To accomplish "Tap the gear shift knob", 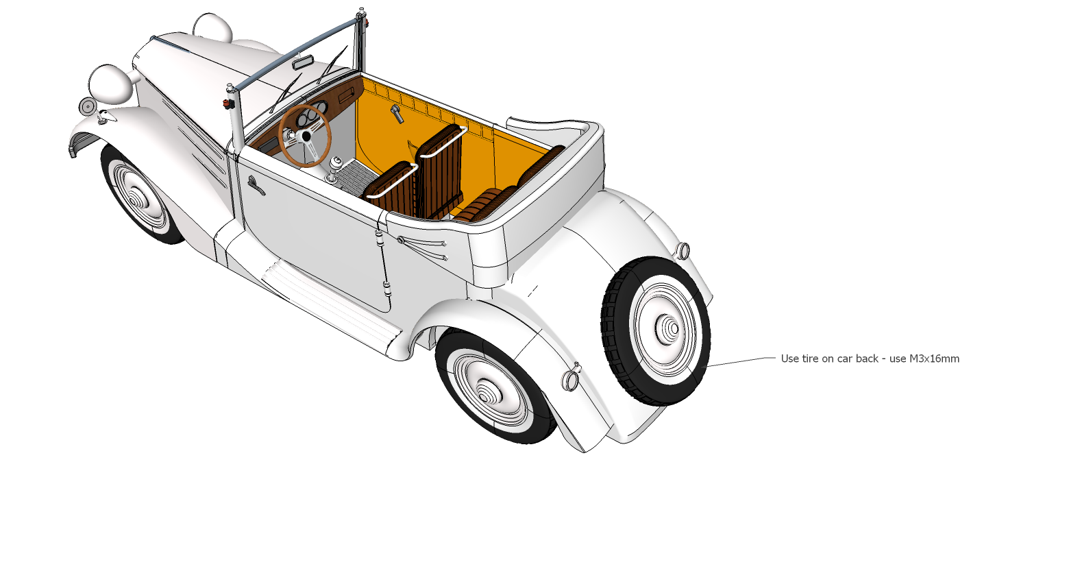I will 336,162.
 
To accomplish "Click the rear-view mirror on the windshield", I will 303,63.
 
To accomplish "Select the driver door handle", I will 256,185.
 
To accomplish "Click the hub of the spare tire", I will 674,329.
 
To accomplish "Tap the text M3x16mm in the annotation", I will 934,359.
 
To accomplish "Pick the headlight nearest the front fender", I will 110,84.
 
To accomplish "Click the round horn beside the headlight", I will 87,106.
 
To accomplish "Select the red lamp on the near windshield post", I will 227,104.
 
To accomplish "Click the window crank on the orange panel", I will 397,112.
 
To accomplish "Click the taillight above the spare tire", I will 683,250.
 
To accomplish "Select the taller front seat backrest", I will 439,171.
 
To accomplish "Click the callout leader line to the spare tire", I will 740,361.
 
